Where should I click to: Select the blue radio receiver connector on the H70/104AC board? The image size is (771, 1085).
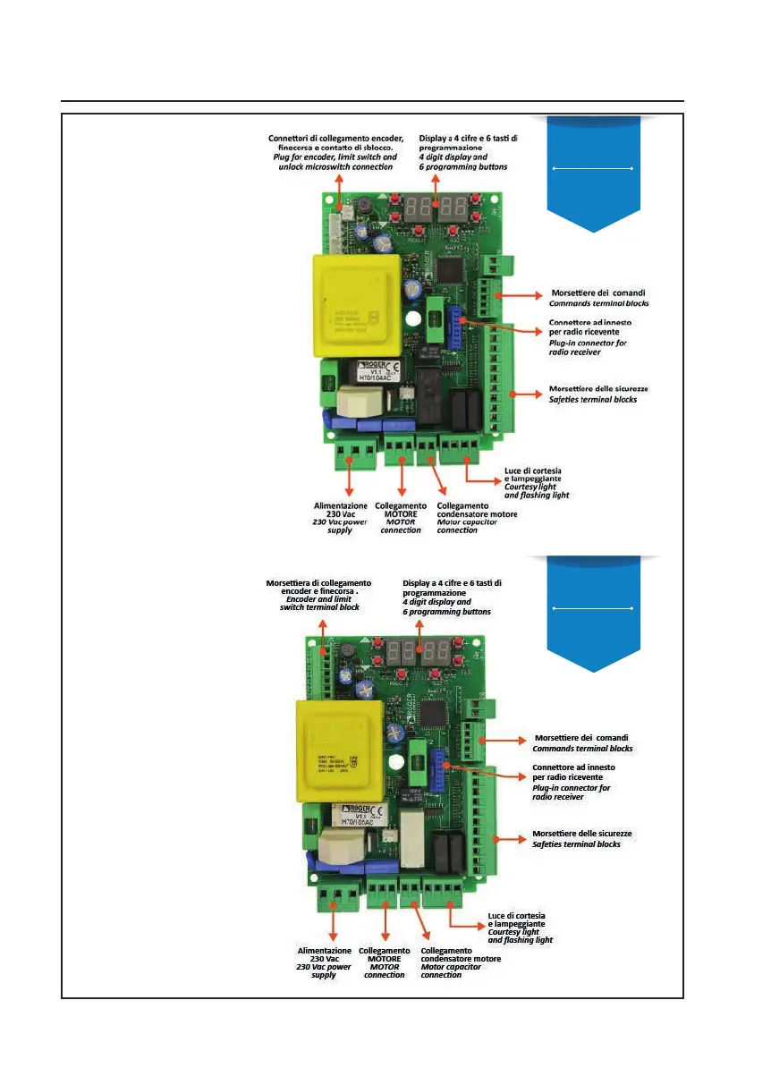[454, 323]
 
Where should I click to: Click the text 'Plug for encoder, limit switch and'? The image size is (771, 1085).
[335, 157]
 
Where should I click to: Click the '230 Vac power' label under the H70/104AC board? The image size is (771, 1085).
[340, 521]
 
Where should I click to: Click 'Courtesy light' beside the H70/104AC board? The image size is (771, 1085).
[530, 487]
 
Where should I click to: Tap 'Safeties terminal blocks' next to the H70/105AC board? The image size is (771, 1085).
[576, 844]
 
